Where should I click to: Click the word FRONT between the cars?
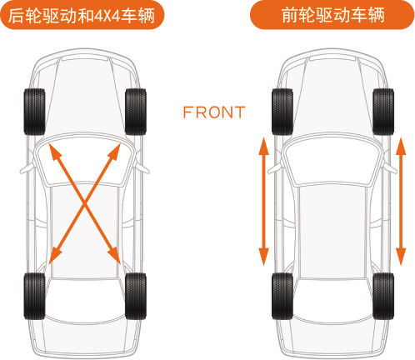coord(214,112)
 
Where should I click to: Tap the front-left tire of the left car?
coord(34,112)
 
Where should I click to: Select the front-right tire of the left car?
coord(136,112)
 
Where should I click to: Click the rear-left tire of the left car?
coord(34,296)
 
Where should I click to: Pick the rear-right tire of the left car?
coord(136,296)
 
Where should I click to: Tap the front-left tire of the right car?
coord(282,112)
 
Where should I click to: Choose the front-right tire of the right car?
coord(383,112)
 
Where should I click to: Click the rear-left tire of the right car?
coord(282,296)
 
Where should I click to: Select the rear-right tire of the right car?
coord(383,296)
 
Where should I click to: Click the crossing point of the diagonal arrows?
coord(85,203)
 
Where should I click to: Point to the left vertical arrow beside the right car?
coord(263,202)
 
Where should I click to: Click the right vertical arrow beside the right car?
coord(401,202)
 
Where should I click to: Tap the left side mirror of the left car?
coord(27,169)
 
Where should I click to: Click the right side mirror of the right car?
coord(390,168)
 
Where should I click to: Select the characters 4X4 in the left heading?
coord(107,16)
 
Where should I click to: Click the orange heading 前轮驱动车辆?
coord(332,15)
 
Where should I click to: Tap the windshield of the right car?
coord(332,162)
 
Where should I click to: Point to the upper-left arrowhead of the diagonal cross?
coord(53,151)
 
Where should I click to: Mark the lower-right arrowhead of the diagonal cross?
coord(115,255)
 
